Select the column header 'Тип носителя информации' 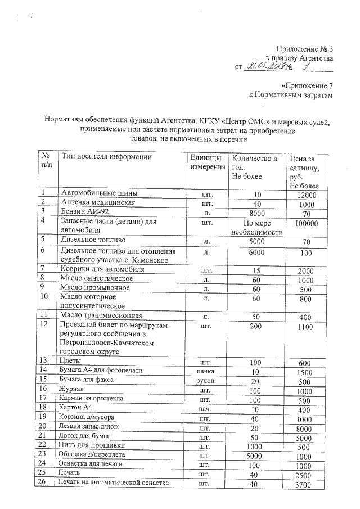pyautogui.click(x=106, y=157)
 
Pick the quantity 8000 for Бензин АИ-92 pyautogui.click(x=256, y=213)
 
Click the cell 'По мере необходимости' pyautogui.click(x=256, y=227)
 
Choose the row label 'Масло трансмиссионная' pyautogui.click(x=101, y=315)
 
